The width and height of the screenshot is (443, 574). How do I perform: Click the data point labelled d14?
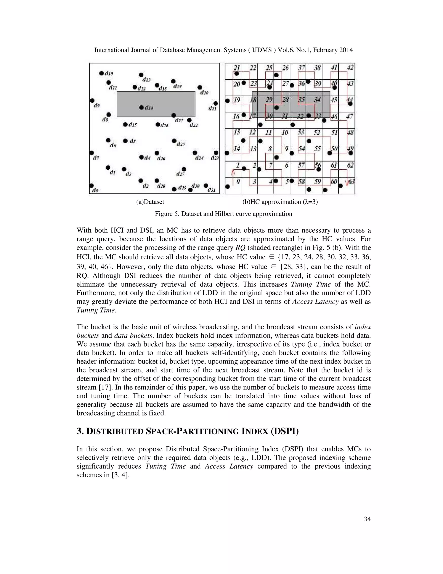(141, 107)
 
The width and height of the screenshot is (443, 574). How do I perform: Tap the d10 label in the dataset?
(109, 74)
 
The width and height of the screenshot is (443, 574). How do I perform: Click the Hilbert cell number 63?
(351, 181)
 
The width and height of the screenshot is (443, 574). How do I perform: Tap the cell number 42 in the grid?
(350, 68)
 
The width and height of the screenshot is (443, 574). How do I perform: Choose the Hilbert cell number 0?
(238, 181)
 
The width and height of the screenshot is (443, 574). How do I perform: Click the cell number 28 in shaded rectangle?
(285, 100)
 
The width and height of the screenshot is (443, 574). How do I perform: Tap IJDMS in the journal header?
(262, 50)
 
